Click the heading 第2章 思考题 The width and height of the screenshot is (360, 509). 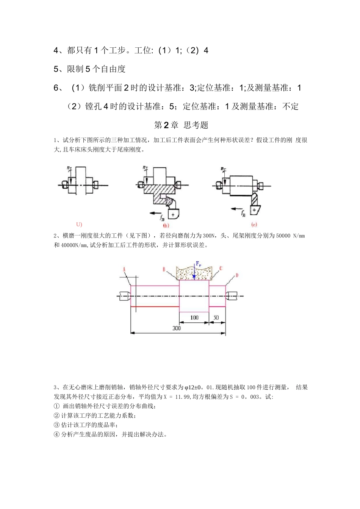click(x=181, y=125)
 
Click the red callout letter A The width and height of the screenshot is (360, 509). click(x=124, y=269)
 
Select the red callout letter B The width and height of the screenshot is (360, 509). click(x=164, y=269)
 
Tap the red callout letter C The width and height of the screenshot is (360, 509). click(x=221, y=269)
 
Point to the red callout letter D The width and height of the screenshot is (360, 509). click(x=237, y=275)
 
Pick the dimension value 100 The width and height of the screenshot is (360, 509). click(x=194, y=317)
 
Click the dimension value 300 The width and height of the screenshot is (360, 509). click(x=177, y=328)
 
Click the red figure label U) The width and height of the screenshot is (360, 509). click(x=79, y=223)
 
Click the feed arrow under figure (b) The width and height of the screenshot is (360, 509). click(x=155, y=214)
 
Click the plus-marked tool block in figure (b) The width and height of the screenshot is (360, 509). click(x=173, y=214)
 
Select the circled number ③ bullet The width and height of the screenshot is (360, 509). click(x=57, y=425)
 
